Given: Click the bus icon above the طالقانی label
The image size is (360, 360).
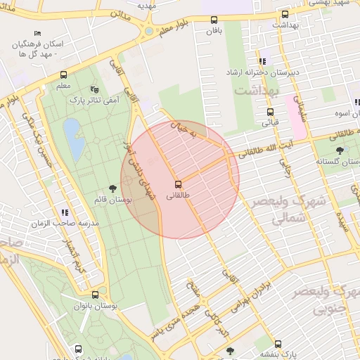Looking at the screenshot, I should (176, 184).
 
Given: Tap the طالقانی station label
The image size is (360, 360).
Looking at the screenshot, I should (176, 195).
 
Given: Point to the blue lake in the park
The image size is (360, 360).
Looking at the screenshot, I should (72, 135).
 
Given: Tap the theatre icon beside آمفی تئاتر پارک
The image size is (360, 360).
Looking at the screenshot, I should (95, 89).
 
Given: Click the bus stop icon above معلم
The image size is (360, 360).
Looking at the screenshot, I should (64, 75).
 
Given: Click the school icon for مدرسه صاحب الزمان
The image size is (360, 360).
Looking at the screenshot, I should (65, 212).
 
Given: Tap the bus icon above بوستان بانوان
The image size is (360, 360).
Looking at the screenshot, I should (95, 295).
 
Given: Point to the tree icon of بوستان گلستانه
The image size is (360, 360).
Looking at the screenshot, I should (340, 150).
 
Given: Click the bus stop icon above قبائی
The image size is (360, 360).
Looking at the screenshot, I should (270, 112).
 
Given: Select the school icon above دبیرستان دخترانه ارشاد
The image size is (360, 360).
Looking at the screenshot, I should (262, 61).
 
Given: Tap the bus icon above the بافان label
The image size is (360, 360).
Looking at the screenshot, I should (214, 20).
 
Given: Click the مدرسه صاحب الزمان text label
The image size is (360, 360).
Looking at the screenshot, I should (59, 223).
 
